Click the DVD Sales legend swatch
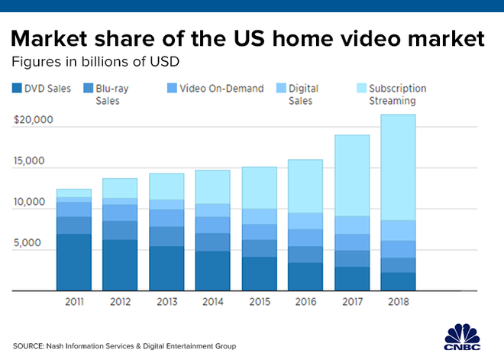[17, 89]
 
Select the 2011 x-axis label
[74, 301]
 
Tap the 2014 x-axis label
[212, 301]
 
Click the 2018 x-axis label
[397, 301]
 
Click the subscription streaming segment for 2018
[397, 167]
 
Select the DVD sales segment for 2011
[74, 262]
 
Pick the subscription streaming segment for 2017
[351, 175]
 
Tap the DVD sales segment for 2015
[259, 274]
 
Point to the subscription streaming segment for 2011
[74, 193]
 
